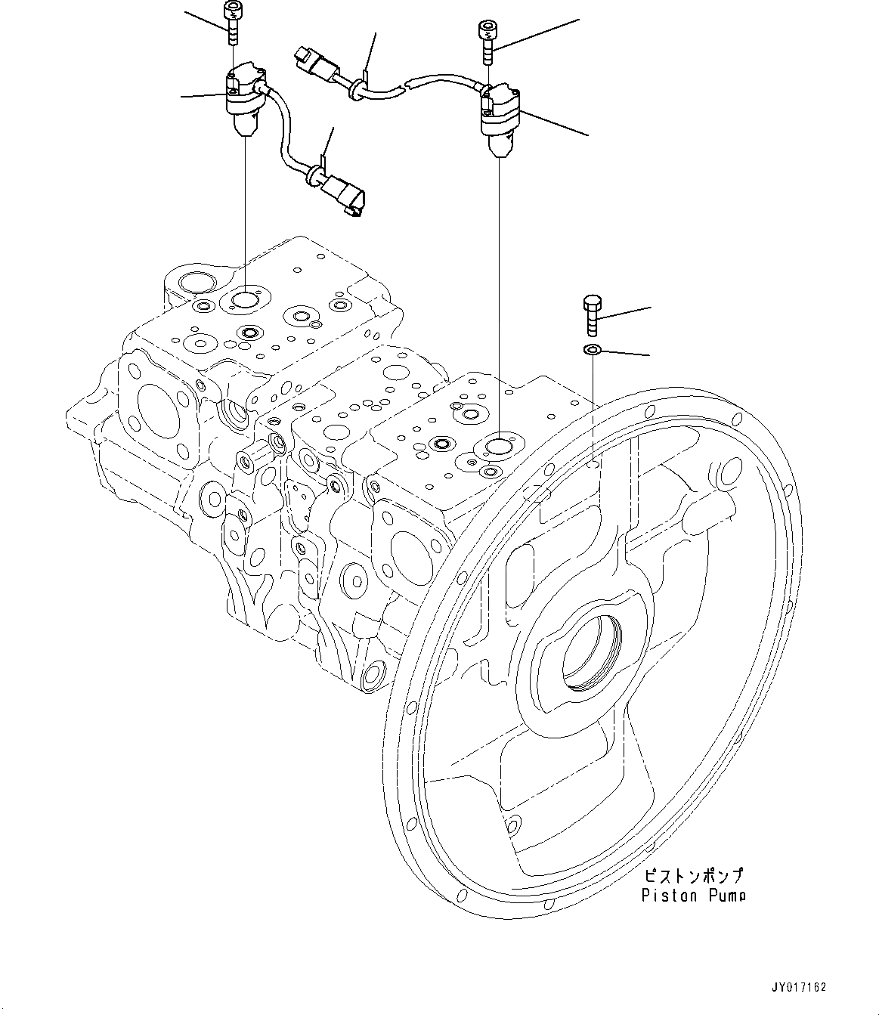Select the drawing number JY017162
click(798, 987)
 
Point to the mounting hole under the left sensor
click(246, 300)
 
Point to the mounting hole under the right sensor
click(499, 447)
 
